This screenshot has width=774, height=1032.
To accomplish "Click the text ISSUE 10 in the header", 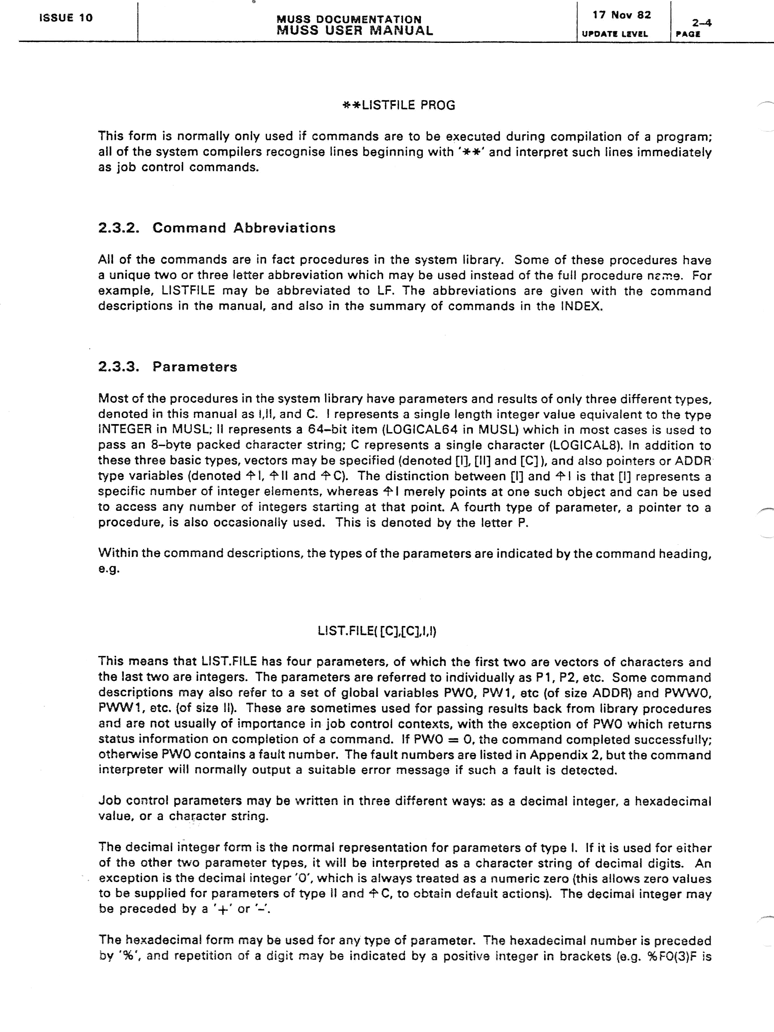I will click(66, 18).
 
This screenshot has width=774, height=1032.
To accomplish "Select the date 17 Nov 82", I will click(621, 15).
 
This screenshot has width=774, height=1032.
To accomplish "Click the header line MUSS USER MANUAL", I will click(354, 31).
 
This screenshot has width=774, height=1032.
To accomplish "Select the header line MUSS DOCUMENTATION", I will click(349, 19).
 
